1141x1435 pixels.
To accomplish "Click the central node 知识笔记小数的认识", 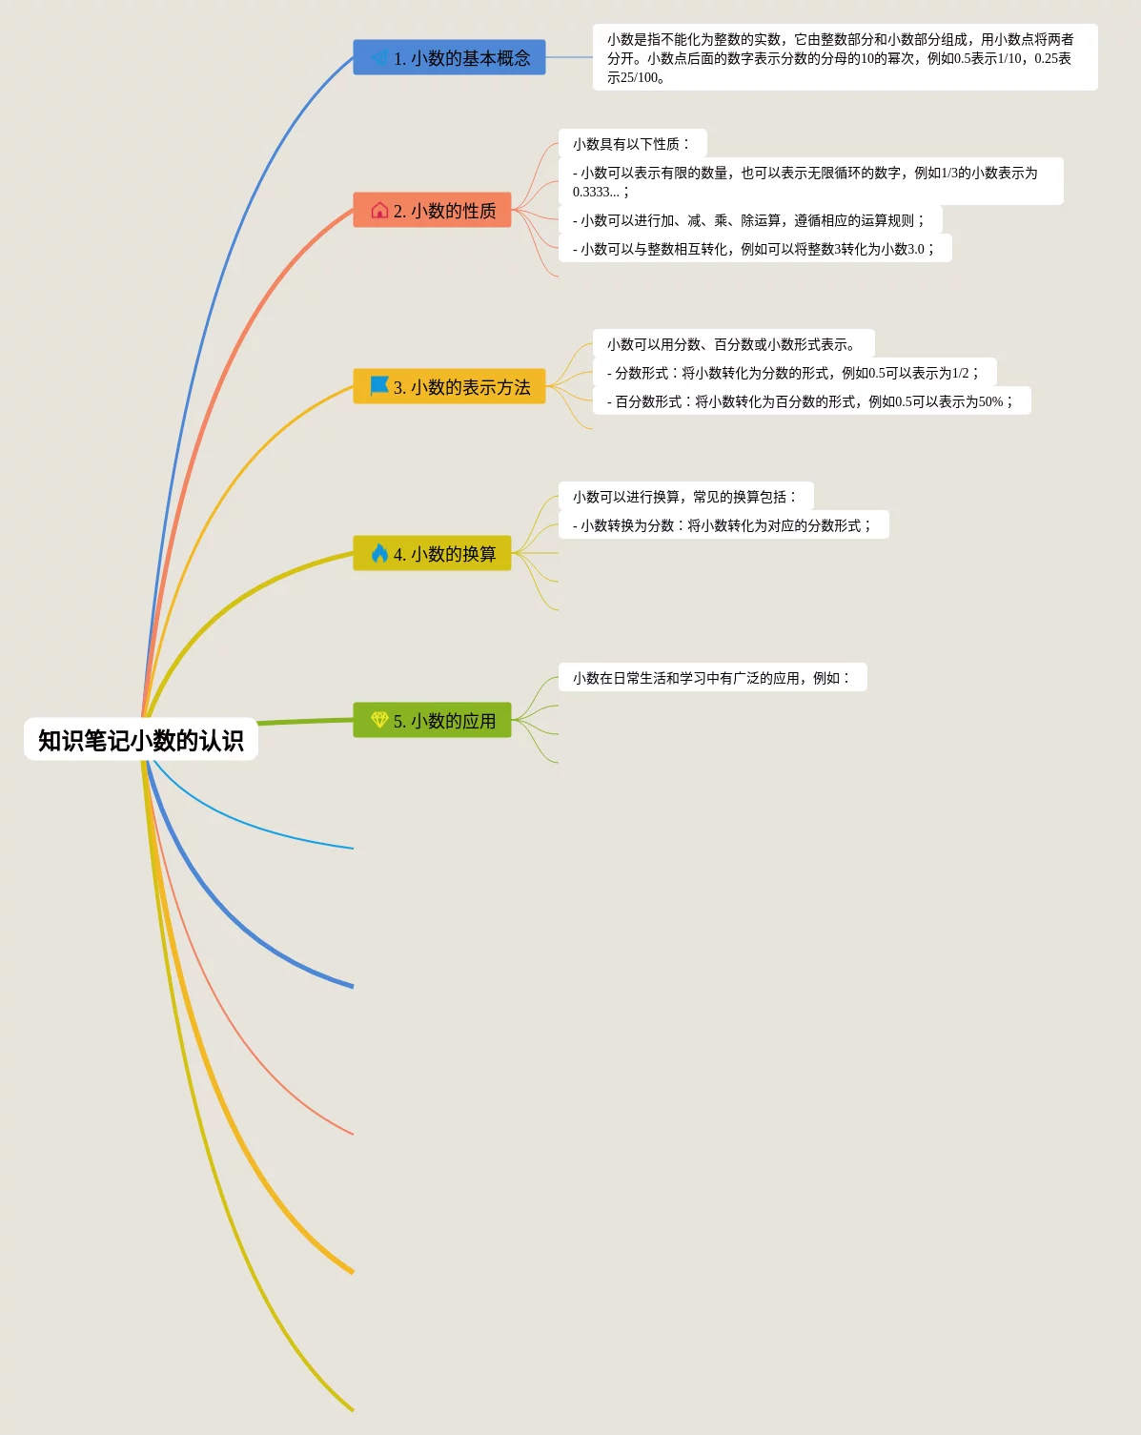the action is pyautogui.click(x=141, y=740).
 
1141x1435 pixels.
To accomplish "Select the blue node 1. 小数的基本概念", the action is pyautogui.click(x=449, y=58).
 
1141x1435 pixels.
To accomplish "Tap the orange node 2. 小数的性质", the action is pyautogui.click(x=432, y=211).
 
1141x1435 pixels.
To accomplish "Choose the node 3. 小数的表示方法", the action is pyautogui.click(x=449, y=387).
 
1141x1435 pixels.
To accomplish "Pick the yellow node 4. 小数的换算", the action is pyautogui.click(x=432, y=554).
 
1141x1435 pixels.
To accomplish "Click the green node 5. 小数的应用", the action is pyautogui.click(x=432, y=721).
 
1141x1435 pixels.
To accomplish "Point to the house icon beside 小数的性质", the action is pyautogui.click(x=379, y=211).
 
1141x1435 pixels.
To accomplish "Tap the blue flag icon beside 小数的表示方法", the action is pyautogui.click(x=379, y=386).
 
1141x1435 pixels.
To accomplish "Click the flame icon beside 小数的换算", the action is pyautogui.click(x=379, y=553).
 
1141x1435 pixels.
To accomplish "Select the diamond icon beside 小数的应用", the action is pyautogui.click(x=379, y=720).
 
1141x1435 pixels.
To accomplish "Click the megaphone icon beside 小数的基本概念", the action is pyautogui.click(x=379, y=58).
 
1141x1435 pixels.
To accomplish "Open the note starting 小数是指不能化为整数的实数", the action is pyautogui.click(x=845, y=58).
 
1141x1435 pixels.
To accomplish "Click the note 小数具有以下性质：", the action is pyautogui.click(x=632, y=144).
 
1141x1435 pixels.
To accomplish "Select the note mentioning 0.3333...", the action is pyautogui.click(x=810, y=181).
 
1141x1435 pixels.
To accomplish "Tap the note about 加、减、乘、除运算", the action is pyautogui.click(x=749, y=220).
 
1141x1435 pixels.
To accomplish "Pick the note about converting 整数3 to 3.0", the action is pyautogui.click(x=754, y=249).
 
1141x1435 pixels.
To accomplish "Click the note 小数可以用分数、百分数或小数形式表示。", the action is pyautogui.click(x=733, y=344).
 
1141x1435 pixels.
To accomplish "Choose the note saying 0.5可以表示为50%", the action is pyautogui.click(x=811, y=401).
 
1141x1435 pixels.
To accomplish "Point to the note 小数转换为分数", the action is pyautogui.click(x=723, y=525).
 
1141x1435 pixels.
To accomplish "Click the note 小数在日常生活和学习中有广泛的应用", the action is pyautogui.click(x=712, y=678).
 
